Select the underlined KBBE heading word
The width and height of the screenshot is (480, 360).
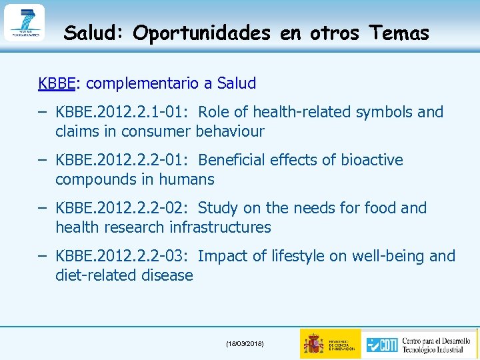tap(57, 83)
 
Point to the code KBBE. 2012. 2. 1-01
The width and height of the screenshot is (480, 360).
tap(123, 112)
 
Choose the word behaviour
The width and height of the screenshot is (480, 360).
tap(230, 131)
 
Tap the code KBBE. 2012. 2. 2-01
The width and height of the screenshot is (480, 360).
tap(123, 160)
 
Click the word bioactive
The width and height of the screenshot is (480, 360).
tap(372, 160)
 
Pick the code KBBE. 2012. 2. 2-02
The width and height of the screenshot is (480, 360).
tap(123, 208)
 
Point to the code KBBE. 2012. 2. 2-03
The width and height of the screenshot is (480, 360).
tap(123, 256)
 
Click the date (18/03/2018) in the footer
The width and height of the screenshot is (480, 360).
tap(245, 343)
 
